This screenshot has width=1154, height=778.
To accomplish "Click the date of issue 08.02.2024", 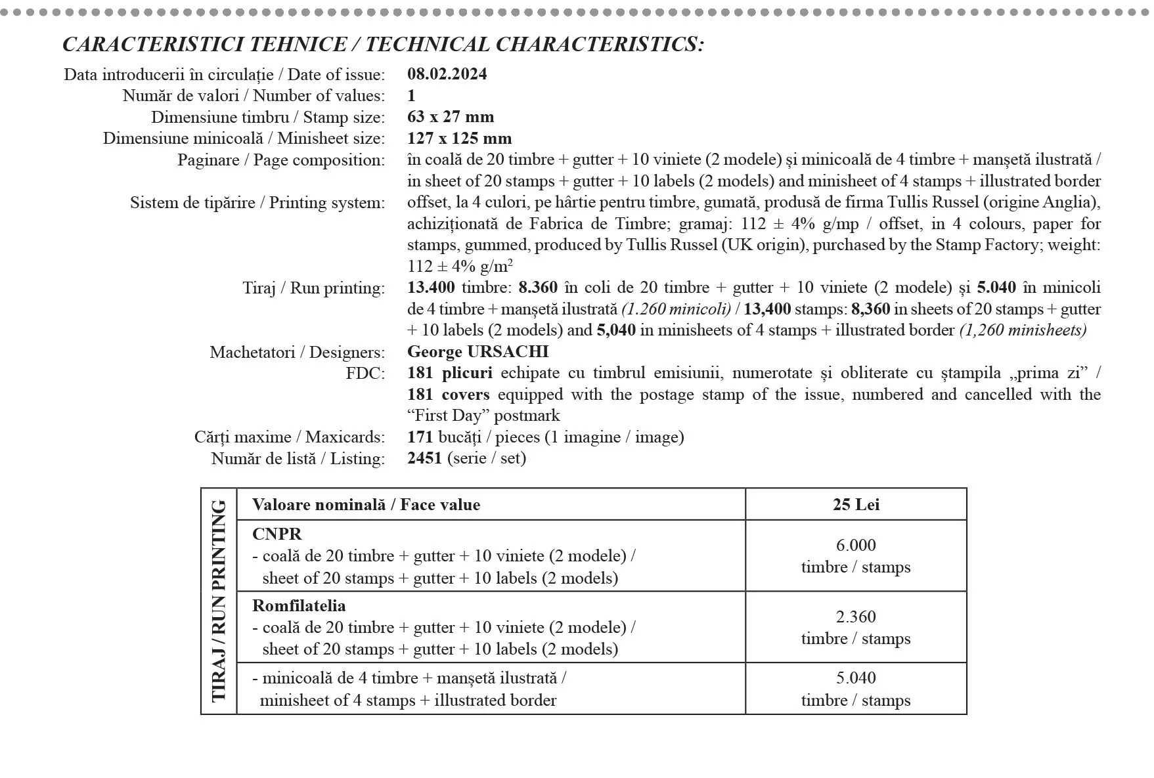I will pos(447,74).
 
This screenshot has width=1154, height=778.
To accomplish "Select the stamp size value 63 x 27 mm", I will pos(451,117).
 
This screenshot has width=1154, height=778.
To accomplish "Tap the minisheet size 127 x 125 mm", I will pos(459,139).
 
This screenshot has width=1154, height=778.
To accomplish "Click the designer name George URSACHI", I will pos(477,352).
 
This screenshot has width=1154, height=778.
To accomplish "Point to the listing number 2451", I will pos(424,458).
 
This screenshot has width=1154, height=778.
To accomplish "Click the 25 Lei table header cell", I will pos(855,504).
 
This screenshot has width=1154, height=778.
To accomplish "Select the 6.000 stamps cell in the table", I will pos(855,555).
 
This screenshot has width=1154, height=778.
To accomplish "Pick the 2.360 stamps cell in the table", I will pos(855,627).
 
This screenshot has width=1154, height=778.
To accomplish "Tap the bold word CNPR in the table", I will pos(277,534).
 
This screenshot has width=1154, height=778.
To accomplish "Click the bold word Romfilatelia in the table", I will pos(299,605).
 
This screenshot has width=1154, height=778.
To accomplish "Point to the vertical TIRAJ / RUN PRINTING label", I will pos(219,601).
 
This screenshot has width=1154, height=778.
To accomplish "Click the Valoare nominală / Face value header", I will pos(366,504).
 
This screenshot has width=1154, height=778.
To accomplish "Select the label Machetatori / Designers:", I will pos(297,353).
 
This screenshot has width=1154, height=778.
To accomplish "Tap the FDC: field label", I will pos(365,374).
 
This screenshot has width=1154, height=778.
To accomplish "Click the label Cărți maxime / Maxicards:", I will pos(289,437).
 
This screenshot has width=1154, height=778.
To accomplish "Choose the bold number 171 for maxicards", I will pos(420,437).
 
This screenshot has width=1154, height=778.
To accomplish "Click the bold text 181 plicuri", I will pos(449,373).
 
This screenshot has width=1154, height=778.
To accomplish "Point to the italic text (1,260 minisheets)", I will pos(1023,330).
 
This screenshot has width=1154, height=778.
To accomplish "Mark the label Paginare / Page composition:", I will pos(280,160).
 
